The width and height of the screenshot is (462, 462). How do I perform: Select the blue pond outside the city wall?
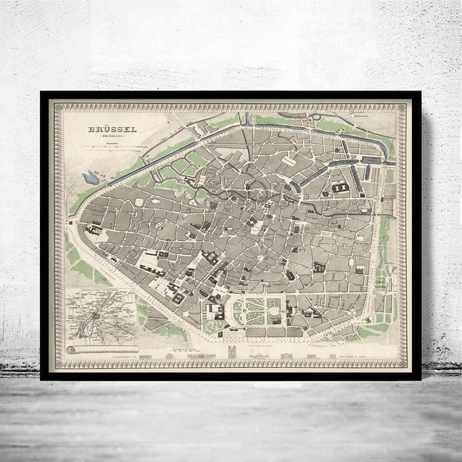coord(91,178)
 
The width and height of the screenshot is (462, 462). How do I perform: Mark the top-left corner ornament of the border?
coord(56,107)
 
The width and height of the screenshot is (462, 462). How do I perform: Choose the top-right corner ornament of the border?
coord(401,107)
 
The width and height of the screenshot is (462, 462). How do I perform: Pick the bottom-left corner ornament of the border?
coord(56,362)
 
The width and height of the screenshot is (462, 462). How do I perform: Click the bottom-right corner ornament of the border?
coord(401,362)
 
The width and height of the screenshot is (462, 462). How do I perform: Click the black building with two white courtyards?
coord(340,187)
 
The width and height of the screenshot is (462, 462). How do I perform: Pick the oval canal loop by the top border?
coord(315,117)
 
